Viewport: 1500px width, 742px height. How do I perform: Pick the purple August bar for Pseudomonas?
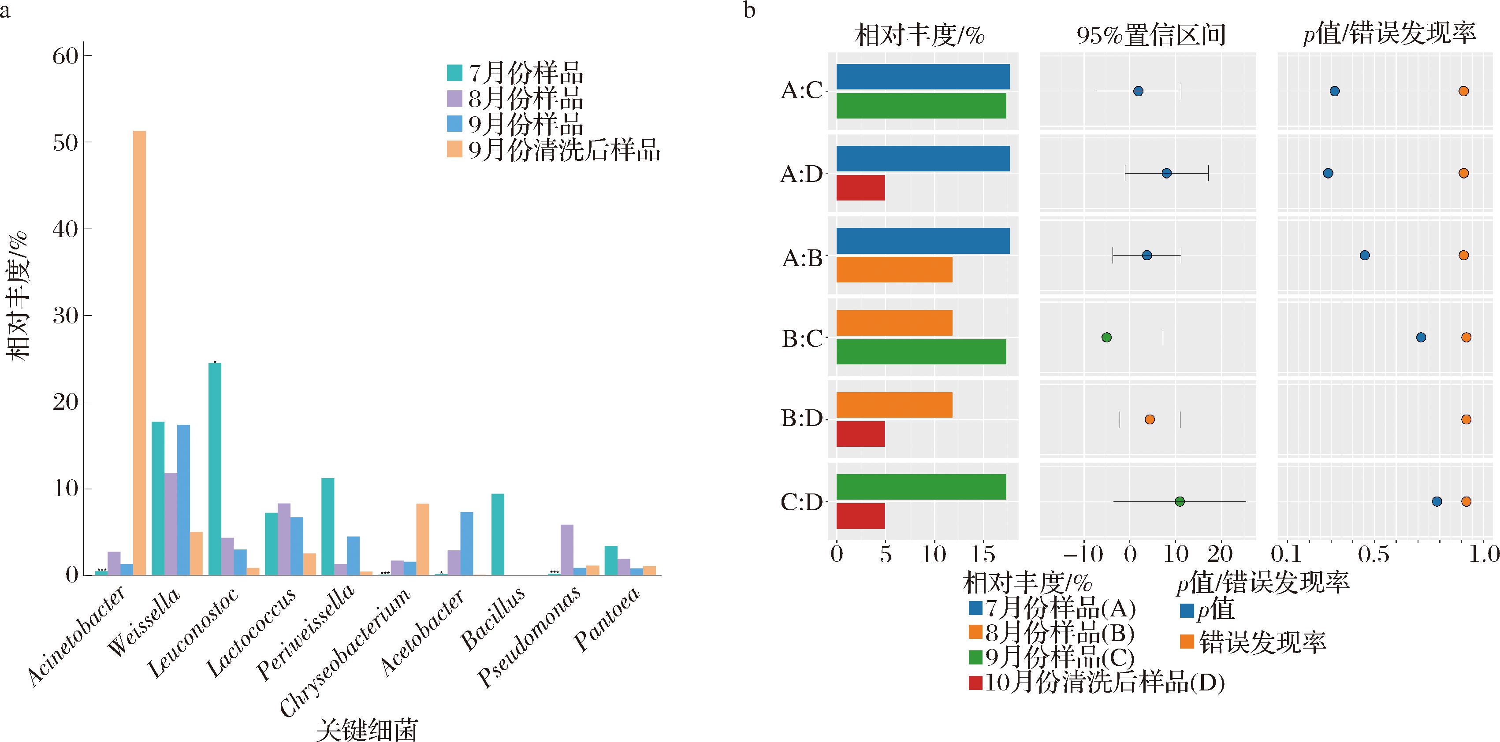pos(566,549)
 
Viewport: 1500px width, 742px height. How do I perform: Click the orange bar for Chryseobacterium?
pos(422,539)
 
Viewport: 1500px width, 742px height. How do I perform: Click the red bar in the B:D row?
pos(860,434)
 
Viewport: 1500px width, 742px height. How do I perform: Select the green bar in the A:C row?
pos(921,106)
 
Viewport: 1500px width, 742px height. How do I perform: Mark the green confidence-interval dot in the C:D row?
pos(1180,502)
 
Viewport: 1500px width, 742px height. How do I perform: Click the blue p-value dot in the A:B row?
pos(1364,255)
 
